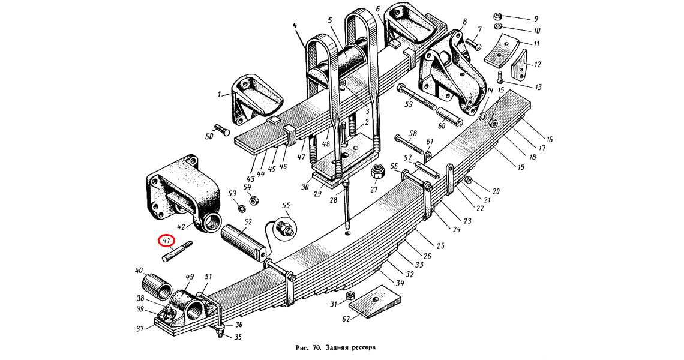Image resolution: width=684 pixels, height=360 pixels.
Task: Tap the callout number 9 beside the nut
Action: coord(536,19)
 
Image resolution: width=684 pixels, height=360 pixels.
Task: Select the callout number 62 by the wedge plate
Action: coord(346,319)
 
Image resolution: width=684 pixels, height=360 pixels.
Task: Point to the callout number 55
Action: coord(286,206)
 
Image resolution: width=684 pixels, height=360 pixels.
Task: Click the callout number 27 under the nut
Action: coord(374,191)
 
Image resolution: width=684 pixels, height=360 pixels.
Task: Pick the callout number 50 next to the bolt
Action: coord(209,137)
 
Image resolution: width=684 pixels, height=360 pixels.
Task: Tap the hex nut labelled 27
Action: coord(378,172)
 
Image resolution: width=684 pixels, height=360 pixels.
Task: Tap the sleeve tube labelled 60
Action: coord(449,115)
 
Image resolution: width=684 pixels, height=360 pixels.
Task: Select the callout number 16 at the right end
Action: coord(549,139)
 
